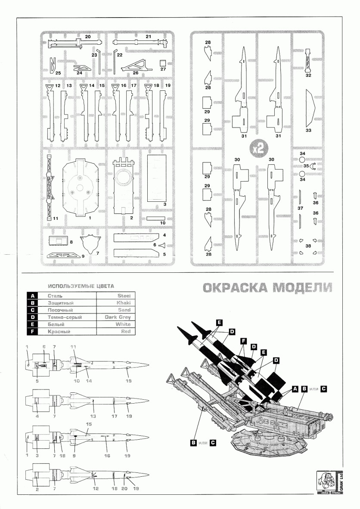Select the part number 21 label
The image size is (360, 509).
[148, 37]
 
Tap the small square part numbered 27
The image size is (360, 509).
[163, 62]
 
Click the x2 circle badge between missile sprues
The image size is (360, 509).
[258, 148]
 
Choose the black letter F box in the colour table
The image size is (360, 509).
[32, 331]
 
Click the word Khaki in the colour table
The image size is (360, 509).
[123, 303]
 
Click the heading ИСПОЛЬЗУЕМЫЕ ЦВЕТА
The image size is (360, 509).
[81, 286]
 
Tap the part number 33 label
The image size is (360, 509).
[308, 130]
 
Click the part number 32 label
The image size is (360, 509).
[308, 75]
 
